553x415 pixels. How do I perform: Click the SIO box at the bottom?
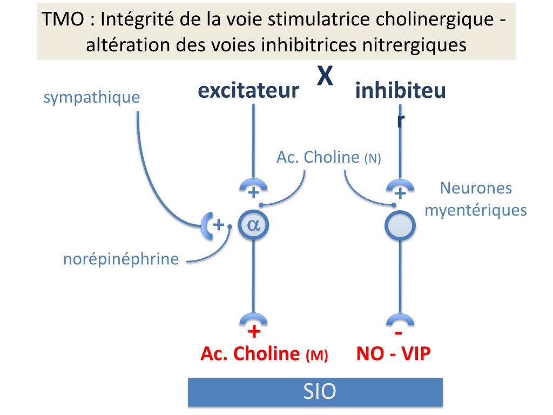tap(315, 392)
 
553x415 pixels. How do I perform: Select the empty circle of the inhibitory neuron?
tap(400, 226)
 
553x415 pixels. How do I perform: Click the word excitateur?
tap(248, 91)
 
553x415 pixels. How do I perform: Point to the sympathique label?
tap(91, 98)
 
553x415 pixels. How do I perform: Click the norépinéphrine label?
tap(121, 259)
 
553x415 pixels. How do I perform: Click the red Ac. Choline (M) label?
tap(264, 354)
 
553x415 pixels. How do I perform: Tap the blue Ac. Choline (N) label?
tap(328, 158)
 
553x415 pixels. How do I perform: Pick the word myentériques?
tap(475, 210)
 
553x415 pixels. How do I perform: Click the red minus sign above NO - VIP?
tap(400, 331)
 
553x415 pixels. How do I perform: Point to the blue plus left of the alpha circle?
tap(218, 225)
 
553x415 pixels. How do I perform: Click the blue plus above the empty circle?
tap(400, 193)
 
